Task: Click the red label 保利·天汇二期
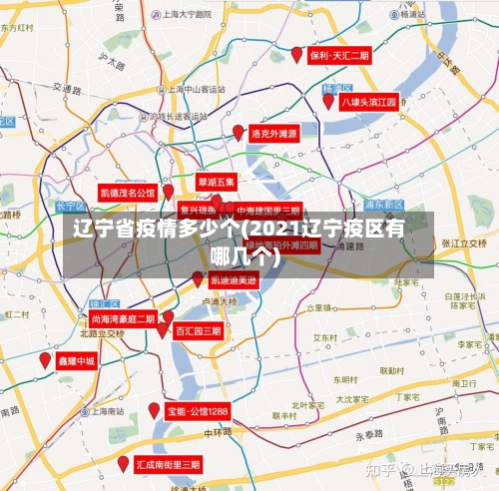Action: (x=339, y=56)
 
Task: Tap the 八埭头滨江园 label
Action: (x=369, y=102)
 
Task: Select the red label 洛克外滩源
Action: (x=273, y=133)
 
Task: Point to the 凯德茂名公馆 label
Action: (x=128, y=192)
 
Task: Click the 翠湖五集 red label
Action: (x=216, y=183)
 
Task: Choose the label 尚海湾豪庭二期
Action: (x=123, y=318)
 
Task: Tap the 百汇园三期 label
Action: (x=198, y=330)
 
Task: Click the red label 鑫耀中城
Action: (x=76, y=360)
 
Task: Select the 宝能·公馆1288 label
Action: (x=198, y=411)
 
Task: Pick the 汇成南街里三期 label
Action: (x=168, y=465)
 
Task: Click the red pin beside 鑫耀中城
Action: (x=45, y=359)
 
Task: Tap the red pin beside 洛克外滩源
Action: (x=239, y=132)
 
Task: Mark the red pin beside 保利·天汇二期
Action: (x=296, y=55)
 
